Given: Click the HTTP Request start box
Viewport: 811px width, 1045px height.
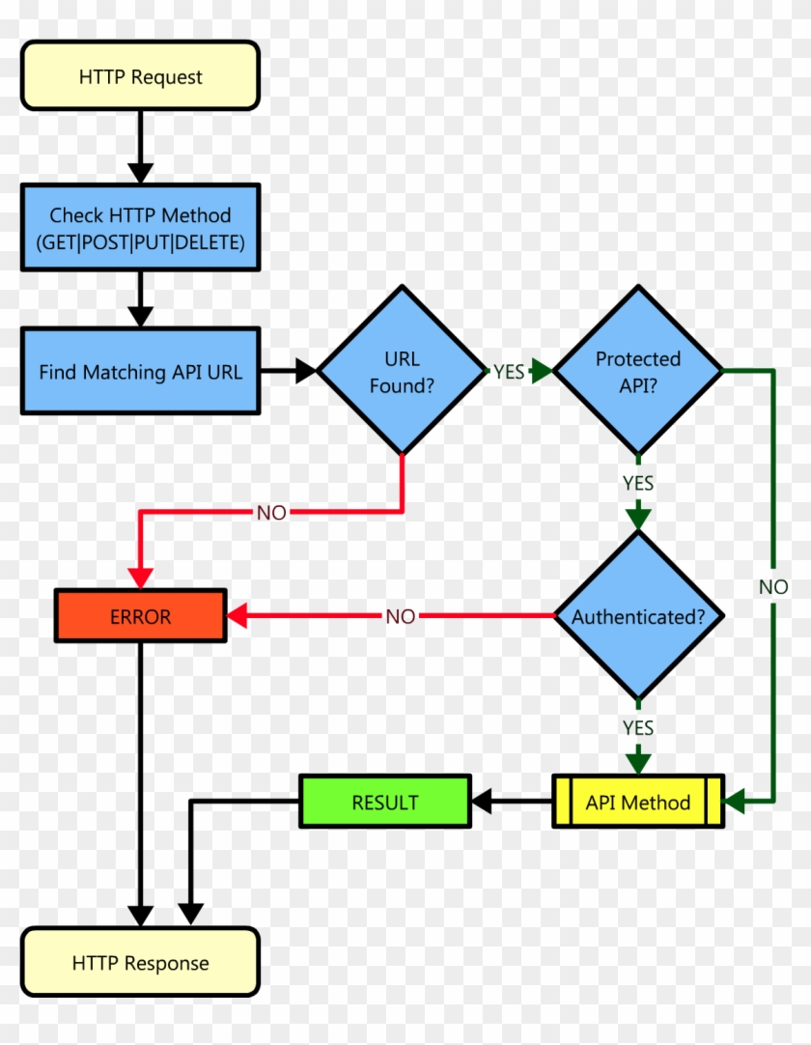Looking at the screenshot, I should click(140, 76).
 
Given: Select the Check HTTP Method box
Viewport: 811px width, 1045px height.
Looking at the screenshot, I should click(140, 228).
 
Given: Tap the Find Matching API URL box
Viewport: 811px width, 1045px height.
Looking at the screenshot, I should click(140, 372).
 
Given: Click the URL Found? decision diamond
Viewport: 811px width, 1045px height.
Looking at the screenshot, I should click(403, 371).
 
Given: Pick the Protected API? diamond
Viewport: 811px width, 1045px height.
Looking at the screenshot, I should click(637, 371).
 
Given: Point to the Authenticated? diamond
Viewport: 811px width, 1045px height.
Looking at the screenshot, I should click(637, 616).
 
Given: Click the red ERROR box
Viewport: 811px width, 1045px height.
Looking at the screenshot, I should click(140, 616).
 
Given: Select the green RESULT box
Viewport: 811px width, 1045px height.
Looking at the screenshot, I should click(385, 802).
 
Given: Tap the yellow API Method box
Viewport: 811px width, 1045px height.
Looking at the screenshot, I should click(637, 802).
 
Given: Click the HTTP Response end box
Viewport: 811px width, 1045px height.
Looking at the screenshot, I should click(140, 962).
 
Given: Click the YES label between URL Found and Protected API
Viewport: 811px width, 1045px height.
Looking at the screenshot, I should click(509, 372).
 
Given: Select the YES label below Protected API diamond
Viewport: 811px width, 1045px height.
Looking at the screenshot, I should click(637, 482).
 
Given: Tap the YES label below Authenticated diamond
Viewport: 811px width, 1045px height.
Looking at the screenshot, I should click(637, 727).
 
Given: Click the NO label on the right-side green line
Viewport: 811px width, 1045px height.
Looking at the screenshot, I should click(772, 586).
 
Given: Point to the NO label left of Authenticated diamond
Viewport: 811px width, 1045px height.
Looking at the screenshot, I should click(400, 616).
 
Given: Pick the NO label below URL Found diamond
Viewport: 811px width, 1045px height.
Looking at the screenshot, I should click(271, 513).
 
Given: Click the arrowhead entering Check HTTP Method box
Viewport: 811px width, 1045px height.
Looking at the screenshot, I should click(141, 173).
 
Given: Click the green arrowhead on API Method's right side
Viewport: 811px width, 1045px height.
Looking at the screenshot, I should click(736, 801).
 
